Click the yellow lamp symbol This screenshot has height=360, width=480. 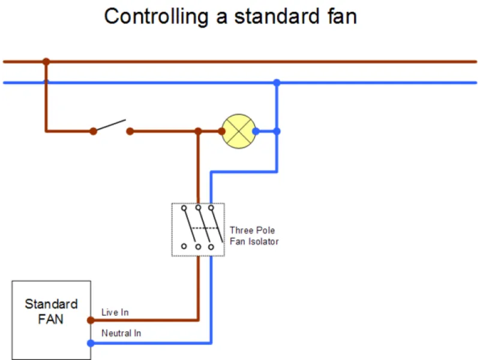click(x=239, y=131)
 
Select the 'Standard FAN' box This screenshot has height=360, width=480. click(x=51, y=320)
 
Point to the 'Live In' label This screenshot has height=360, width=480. click(x=115, y=313)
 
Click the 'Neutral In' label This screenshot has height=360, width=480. click(x=121, y=333)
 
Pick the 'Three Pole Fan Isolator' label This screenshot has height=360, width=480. click(x=254, y=236)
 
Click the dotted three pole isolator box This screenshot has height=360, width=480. click(x=198, y=230)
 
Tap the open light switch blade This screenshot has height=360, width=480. click(x=112, y=125)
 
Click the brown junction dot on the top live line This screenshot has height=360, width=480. click(x=46, y=61)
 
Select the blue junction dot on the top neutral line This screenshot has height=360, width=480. click(x=277, y=82)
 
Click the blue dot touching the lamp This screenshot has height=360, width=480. click(x=256, y=131)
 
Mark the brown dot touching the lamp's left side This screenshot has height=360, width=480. click(x=221, y=131)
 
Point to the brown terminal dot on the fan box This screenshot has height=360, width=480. click(x=91, y=320)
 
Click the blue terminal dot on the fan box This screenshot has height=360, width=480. click(x=91, y=343)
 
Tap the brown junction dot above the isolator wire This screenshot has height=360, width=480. click(x=198, y=131)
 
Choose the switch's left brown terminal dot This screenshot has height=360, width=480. click(x=93, y=131)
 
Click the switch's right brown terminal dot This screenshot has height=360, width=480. click(x=130, y=131)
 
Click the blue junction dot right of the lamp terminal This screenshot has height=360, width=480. click(x=277, y=131)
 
